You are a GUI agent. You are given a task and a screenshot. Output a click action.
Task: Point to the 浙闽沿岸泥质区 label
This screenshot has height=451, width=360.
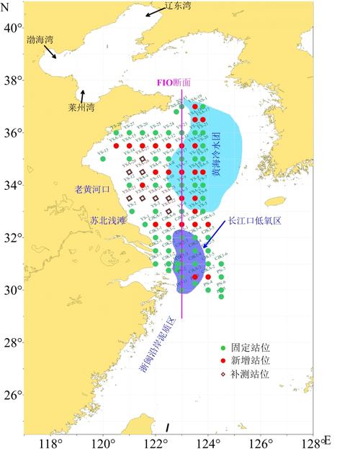(x=156, y=342)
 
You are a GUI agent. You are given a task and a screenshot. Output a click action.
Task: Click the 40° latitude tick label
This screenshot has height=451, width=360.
(x=12, y=28)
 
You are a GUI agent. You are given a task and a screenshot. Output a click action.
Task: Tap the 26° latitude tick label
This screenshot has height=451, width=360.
(x=12, y=395)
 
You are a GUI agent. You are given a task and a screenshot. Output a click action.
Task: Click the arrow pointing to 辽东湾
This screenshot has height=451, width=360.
(x=153, y=13)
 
